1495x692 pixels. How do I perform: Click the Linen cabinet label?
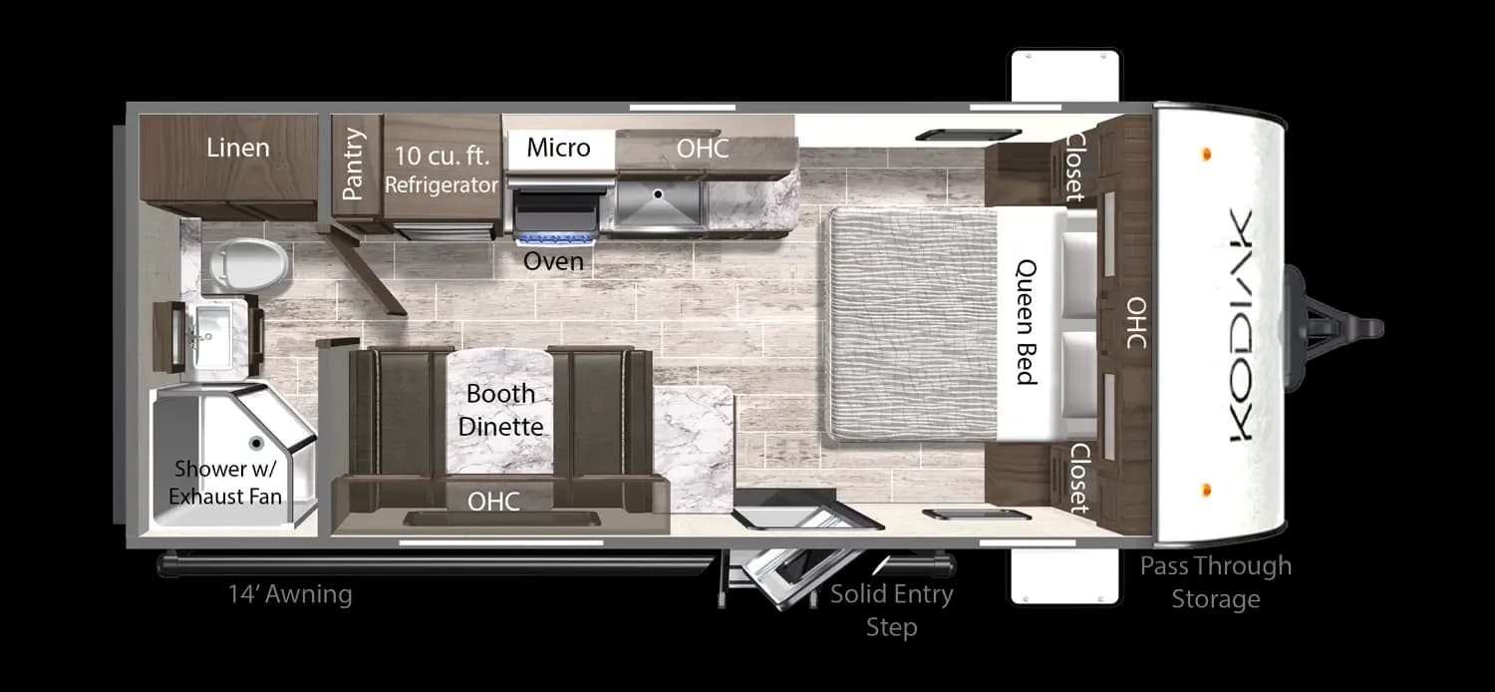pos(237,148)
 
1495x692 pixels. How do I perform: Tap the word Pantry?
pos(353,165)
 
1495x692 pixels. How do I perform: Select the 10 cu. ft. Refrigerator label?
pos(442,170)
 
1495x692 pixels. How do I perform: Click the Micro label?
pos(558,148)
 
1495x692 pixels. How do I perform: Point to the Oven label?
pos(553,261)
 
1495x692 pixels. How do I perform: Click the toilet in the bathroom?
pos(248,265)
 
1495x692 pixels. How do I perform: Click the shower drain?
pos(255,443)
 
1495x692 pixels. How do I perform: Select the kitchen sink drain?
pos(658,194)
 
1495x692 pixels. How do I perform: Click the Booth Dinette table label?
pos(500,410)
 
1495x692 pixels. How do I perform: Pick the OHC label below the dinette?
pos(493,502)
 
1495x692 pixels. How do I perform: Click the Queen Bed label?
pos(1027,322)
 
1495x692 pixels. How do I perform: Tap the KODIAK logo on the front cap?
pos(1241,325)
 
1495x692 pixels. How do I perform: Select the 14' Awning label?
pos(290,594)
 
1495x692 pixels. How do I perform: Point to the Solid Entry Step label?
pos(892,610)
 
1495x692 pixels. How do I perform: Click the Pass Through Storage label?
pos(1215,582)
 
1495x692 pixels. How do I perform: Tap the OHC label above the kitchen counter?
pos(702,149)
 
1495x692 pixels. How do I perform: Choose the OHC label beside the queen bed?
pos(1136,323)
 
